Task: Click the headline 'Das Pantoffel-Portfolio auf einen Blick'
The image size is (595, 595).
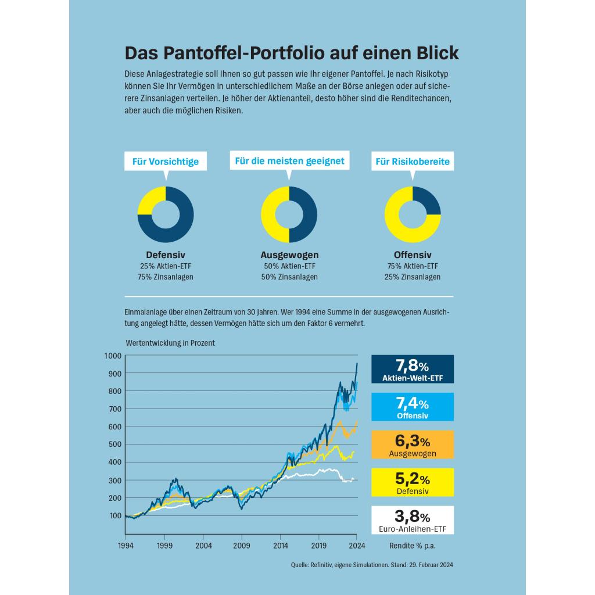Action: (x=292, y=53)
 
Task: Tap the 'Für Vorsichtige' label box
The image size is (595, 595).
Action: (x=165, y=162)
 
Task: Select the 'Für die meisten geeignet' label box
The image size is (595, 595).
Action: (x=289, y=160)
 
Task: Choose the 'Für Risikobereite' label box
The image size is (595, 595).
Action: (x=413, y=162)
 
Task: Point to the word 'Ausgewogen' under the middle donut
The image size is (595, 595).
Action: (x=289, y=255)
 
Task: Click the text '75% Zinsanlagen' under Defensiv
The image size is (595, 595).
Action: (x=166, y=277)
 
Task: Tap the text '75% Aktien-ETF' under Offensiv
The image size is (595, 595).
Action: (x=413, y=266)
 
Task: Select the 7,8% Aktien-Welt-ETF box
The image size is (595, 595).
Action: (x=413, y=370)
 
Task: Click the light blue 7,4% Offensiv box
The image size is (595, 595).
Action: (x=413, y=407)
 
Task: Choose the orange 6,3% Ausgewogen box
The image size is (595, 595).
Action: (x=413, y=445)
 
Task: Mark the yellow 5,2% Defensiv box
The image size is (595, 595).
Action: (x=413, y=482)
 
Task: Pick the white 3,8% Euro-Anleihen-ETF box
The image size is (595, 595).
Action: (x=413, y=520)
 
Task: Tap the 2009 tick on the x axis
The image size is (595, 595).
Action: (x=242, y=546)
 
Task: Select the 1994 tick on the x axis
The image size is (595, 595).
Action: (x=126, y=546)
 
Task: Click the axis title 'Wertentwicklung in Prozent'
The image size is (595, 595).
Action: (x=170, y=343)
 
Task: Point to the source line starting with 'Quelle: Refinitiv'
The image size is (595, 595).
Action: (x=372, y=565)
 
